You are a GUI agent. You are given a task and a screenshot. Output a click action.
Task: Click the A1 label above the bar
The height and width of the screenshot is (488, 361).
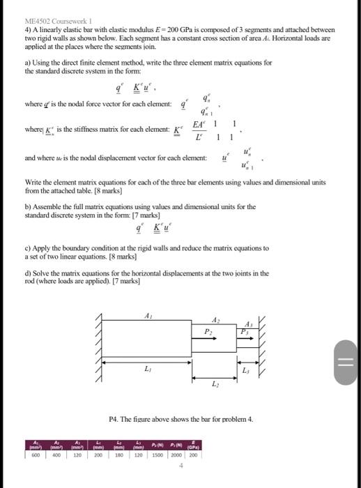(147, 315)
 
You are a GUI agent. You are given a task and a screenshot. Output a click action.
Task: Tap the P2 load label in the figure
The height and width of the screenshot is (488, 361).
(207, 333)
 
